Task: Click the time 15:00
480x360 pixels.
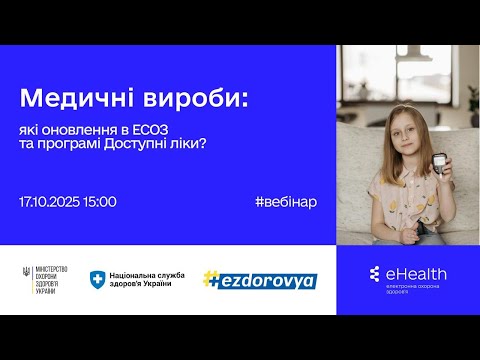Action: point(100,202)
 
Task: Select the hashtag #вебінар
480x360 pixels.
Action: point(285,202)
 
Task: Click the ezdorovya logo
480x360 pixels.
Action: point(259,280)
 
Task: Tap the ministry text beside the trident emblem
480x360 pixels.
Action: point(51,281)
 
